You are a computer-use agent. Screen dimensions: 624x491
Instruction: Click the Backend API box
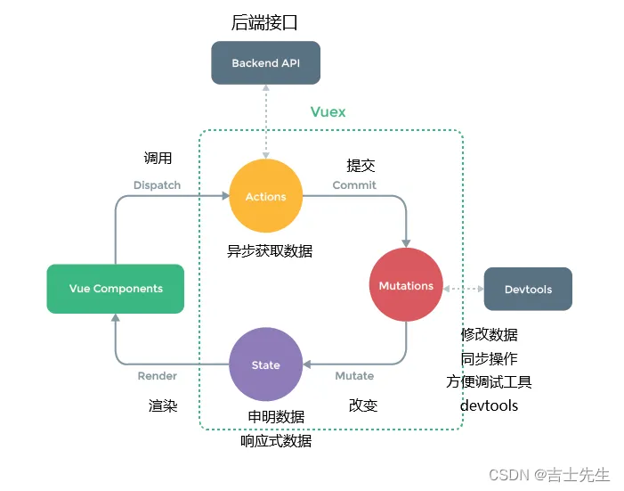(265, 62)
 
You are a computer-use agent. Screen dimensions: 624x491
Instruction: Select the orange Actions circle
(266, 196)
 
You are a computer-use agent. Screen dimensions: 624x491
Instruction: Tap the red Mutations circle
(406, 284)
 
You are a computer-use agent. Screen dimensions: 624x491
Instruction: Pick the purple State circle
(266, 364)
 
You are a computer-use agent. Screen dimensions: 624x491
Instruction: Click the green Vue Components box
(116, 289)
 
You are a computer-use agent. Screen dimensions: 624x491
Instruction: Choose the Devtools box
(528, 289)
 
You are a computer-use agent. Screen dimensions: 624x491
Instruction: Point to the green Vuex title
(328, 112)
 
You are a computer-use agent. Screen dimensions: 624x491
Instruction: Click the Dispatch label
(158, 185)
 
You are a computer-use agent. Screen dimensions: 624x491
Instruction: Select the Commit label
(354, 185)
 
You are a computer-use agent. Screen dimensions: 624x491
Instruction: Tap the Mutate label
(354, 376)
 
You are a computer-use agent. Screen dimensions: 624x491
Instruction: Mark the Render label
(158, 376)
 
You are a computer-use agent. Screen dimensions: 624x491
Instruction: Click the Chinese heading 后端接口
(264, 22)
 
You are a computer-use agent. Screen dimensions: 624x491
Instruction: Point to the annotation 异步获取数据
(270, 251)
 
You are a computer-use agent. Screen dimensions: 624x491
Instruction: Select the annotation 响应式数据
(276, 441)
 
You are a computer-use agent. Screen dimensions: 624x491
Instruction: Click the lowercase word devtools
(489, 405)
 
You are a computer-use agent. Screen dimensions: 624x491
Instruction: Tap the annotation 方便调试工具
(489, 381)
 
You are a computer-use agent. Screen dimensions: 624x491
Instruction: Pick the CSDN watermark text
(549, 475)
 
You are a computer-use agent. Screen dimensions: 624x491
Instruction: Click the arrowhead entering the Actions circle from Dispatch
(225, 196)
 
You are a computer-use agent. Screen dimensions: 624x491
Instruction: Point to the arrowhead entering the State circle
(307, 364)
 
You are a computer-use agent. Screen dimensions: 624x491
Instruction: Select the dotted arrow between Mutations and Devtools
(463, 289)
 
